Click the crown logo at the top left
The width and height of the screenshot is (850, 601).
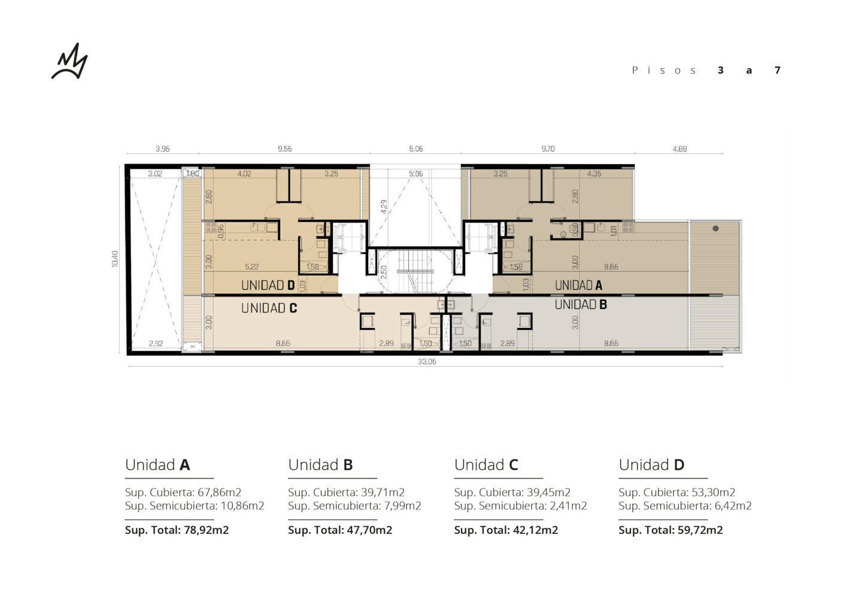(x=70, y=62)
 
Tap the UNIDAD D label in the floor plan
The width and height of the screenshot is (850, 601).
(x=268, y=286)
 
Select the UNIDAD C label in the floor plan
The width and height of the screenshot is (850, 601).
(x=269, y=308)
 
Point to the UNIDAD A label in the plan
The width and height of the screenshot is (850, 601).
(x=578, y=286)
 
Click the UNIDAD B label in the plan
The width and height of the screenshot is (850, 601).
(x=581, y=304)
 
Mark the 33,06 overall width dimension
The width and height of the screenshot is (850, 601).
(x=427, y=362)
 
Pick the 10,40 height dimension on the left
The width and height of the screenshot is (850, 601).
(x=116, y=259)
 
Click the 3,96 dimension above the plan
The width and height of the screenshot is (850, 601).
(x=163, y=148)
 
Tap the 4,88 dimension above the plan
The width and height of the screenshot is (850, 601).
(x=679, y=148)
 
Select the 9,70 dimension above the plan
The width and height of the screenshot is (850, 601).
(x=548, y=148)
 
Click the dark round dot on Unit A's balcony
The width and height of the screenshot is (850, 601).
(x=715, y=229)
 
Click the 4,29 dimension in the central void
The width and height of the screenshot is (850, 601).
(x=384, y=207)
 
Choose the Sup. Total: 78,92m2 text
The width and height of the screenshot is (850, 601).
(x=177, y=530)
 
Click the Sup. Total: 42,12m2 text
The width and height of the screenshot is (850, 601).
(x=506, y=530)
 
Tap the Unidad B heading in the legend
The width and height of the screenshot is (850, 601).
(x=320, y=465)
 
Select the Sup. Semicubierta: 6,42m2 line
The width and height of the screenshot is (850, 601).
(x=685, y=505)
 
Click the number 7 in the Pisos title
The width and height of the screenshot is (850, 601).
(x=778, y=70)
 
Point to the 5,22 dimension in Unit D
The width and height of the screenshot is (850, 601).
(x=251, y=267)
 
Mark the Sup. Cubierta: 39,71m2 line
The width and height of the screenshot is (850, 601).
(x=346, y=492)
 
